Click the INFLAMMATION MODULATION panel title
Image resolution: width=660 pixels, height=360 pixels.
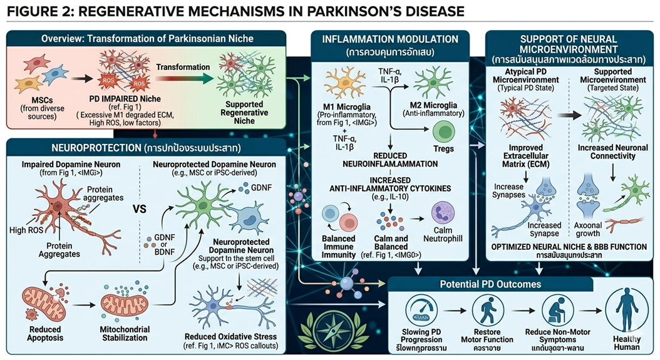[389, 39]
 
